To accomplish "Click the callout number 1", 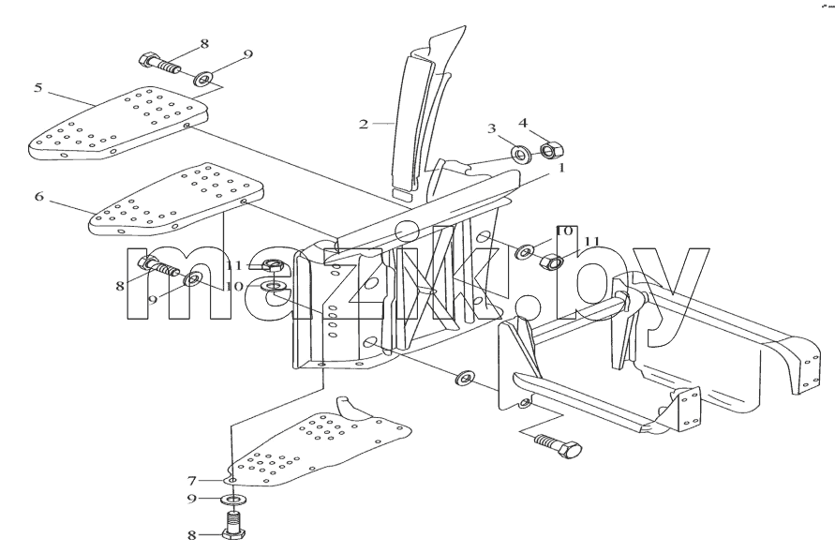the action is pyautogui.click(x=561, y=169).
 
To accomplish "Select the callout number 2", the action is pyautogui.click(x=364, y=125).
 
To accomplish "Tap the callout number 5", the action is pyautogui.click(x=37, y=87).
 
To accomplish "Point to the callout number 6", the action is pyautogui.click(x=38, y=197).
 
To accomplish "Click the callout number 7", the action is pyautogui.click(x=192, y=481).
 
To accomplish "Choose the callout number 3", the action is pyautogui.click(x=491, y=127).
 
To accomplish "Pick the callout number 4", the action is pyautogui.click(x=523, y=123).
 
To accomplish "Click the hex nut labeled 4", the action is pyautogui.click(x=552, y=150).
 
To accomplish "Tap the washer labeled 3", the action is pyautogui.click(x=520, y=154).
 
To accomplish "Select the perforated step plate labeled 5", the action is pyautogui.click(x=117, y=124).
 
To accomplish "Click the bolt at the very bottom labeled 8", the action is pyautogui.click(x=232, y=526).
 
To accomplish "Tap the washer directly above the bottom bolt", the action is pyautogui.click(x=233, y=500).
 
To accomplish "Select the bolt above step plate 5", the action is pyautogui.click(x=159, y=64).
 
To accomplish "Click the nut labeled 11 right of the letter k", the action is pyautogui.click(x=552, y=262).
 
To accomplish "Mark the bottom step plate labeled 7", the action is pyautogui.click(x=320, y=442).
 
